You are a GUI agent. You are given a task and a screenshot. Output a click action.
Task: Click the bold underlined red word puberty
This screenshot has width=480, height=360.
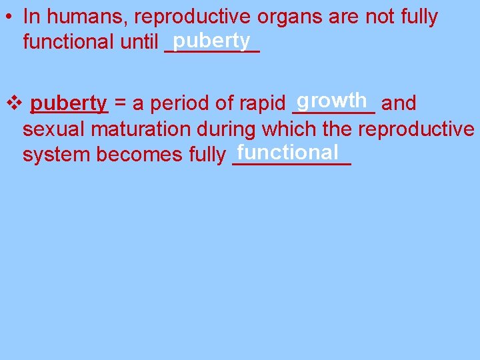tap(69, 103)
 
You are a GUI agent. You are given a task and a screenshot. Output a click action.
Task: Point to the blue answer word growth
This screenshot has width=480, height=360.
tap(333, 100)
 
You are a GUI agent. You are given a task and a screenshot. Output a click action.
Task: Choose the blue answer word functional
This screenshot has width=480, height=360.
tap(287, 152)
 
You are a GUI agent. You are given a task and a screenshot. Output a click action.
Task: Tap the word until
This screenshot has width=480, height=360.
tap(139, 43)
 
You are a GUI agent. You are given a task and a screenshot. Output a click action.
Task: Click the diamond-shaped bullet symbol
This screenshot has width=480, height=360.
tap(13, 103)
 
